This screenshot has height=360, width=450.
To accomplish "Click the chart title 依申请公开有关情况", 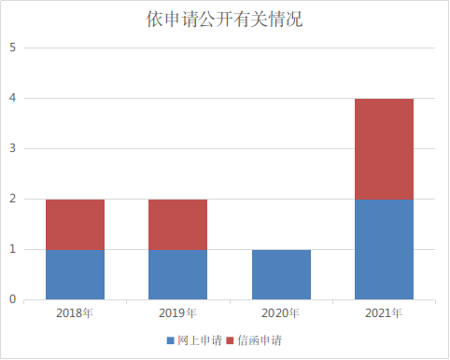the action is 224,20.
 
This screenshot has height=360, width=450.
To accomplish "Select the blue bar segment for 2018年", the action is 75,274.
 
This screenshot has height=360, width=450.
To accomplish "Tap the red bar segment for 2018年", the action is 75,225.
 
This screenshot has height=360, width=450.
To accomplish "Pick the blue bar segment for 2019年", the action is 177,274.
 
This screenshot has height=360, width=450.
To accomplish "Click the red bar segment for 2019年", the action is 177,225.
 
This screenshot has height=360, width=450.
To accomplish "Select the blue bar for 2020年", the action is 281,274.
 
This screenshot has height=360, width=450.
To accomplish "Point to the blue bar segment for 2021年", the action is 384,249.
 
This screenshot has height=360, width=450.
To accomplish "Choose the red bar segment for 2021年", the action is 384,149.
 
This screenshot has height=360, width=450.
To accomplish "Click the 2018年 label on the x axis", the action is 75,313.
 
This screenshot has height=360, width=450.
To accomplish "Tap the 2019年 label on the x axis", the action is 177,313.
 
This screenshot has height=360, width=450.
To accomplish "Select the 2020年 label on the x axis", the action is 280,313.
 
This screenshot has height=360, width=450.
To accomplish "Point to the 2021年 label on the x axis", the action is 384,313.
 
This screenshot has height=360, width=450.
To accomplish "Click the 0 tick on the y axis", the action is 12,299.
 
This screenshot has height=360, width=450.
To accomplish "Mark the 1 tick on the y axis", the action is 12,249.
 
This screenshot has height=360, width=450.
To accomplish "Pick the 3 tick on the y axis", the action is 12,148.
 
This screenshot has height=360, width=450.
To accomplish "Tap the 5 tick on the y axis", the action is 12,48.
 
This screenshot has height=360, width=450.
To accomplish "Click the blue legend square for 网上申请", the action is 171,340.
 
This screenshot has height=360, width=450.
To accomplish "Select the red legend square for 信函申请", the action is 230,340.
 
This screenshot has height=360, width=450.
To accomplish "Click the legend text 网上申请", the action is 200,340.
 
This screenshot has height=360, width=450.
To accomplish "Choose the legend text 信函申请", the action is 260,340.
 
